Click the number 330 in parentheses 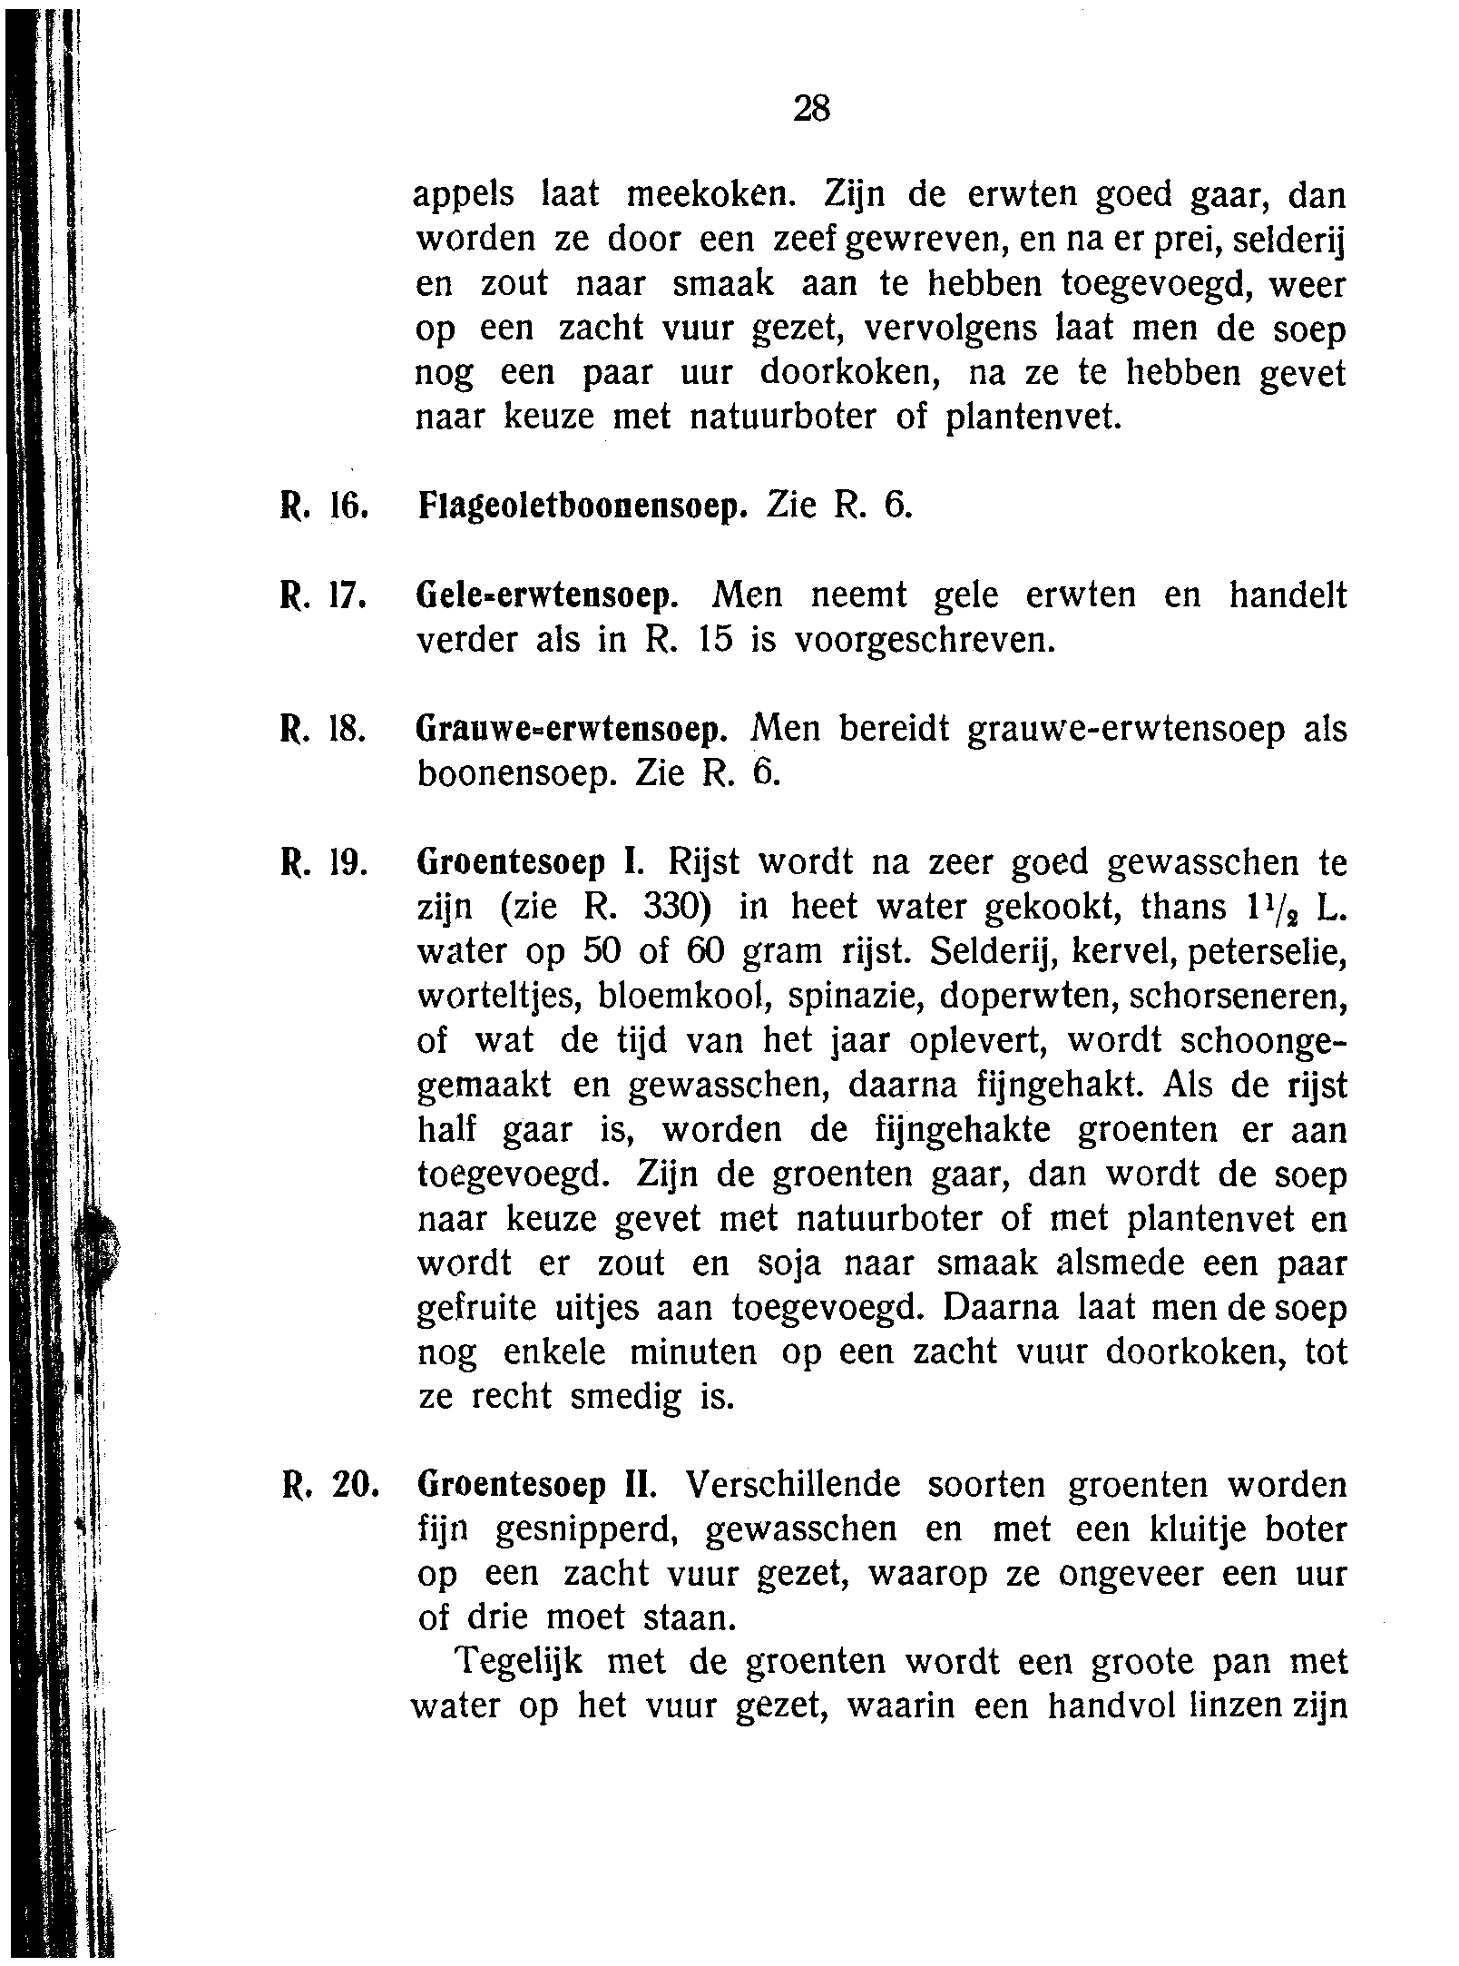[669, 907]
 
